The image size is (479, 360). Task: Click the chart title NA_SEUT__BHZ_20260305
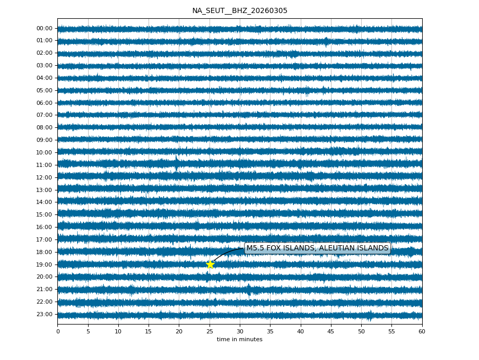click(x=239, y=11)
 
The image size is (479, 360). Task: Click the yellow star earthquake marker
click(x=210, y=264)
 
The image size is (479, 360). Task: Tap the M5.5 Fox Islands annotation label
click(x=317, y=248)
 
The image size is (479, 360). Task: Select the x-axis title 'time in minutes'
click(x=239, y=340)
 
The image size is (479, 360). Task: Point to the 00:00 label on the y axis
click(x=44, y=28)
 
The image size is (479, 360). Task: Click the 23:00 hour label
click(x=44, y=314)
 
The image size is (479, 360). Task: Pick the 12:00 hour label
click(x=44, y=177)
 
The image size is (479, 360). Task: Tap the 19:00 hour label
click(x=44, y=265)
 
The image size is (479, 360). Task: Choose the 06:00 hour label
click(x=44, y=103)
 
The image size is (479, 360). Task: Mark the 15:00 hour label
click(x=44, y=214)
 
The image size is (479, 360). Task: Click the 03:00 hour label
click(x=44, y=65)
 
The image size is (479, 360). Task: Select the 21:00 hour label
click(x=44, y=289)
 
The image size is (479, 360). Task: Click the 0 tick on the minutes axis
click(x=57, y=331)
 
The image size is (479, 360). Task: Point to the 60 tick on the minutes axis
click(x=422, y=331)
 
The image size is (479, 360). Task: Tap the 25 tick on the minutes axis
click(x=210, y=331)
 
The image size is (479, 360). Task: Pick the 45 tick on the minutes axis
click(x=331, y=331)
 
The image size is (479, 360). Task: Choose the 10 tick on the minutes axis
click(x=118, y=331)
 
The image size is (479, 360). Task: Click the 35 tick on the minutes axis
click(x=270, y=331)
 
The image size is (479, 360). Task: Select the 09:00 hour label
click(x=44, y=140)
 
